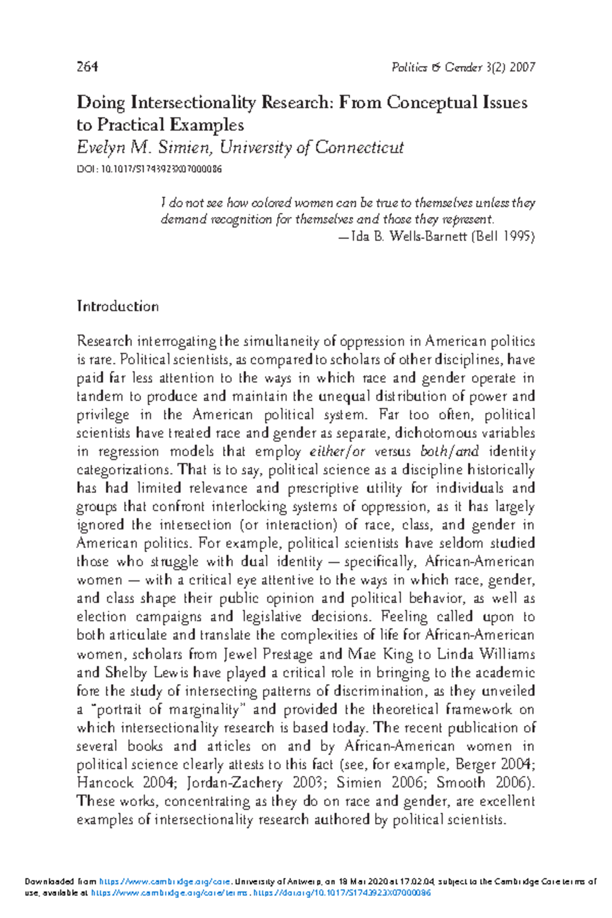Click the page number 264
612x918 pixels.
point(87,67)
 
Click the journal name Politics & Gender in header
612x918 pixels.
point(437,67)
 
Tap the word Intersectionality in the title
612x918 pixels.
point(193,103)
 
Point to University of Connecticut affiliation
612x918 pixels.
point(312,147)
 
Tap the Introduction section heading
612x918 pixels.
point(118,307)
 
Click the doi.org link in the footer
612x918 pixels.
point(342,893)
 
